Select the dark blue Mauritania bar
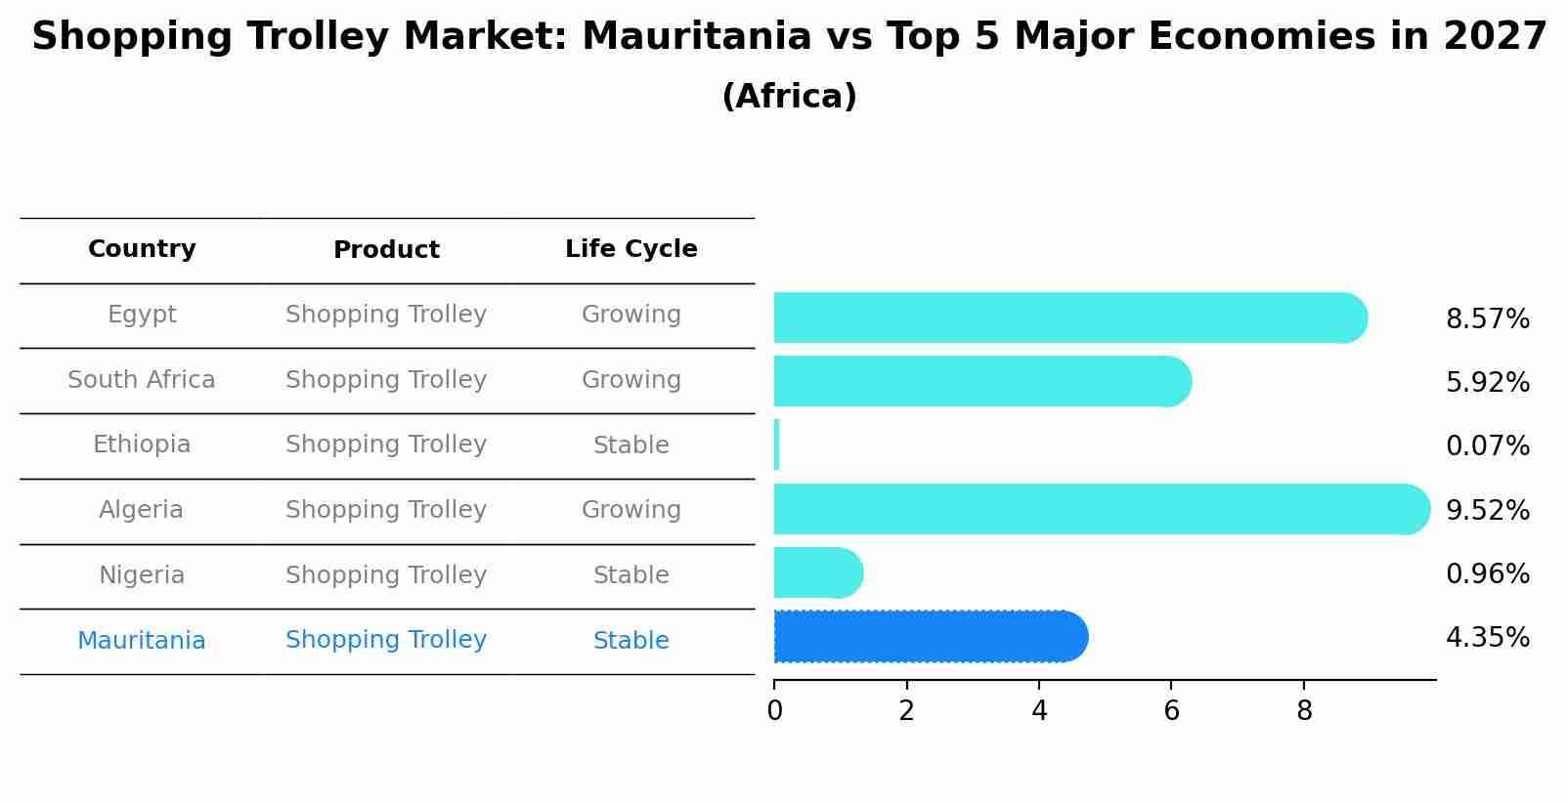pyautogui.click(x=930, y=637)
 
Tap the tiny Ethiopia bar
pyautogui.click(x=777, y=444)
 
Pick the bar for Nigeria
pyautogui.click(x=817, y=572)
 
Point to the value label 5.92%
pyautogui.click(x=1487, y=383)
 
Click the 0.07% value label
pyautogui.click(x=1487, y=446)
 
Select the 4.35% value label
pyautogui.click(x=1487, y=638)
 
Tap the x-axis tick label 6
pyautogui.click(x=1171, y=711)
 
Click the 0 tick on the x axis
pyautogui.click(x=774, y=711)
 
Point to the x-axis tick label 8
pyautogui.click(x=1304, y=711)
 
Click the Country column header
pyautogui.click(x=142, y=249)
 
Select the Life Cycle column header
pyautogui.click(x=631, y=249)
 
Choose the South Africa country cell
pyautogui.click(x=142, y=380)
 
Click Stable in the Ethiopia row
pyautogui.click(x=631, y=445)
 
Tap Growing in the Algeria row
pyautogui.click(x=631, y=510)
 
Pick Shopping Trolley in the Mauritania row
pyautogui.click(x=386, y=640)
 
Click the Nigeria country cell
pyautogui.click(x=142, y=575)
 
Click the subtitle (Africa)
pyautogui.click(x=789, y=97)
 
